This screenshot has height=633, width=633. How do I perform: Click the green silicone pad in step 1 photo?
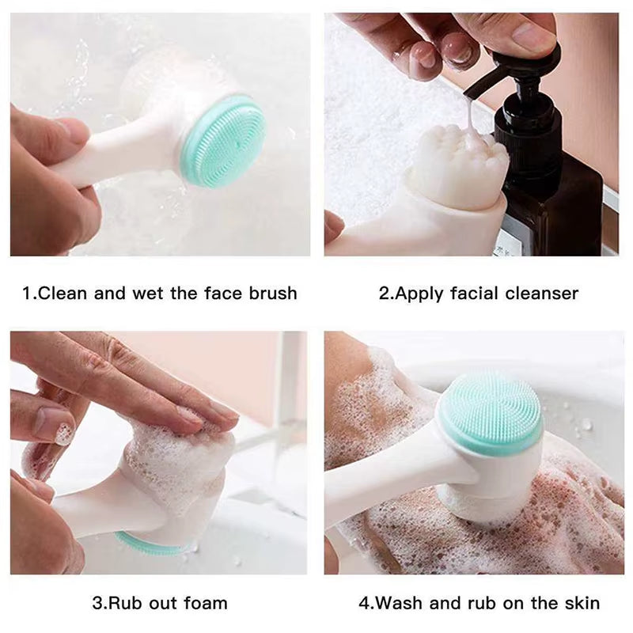223,142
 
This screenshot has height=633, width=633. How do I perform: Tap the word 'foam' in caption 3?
205,603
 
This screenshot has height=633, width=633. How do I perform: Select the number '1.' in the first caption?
29,294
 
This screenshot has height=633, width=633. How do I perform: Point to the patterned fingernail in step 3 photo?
63,433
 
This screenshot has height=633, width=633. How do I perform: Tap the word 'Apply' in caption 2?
419,294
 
